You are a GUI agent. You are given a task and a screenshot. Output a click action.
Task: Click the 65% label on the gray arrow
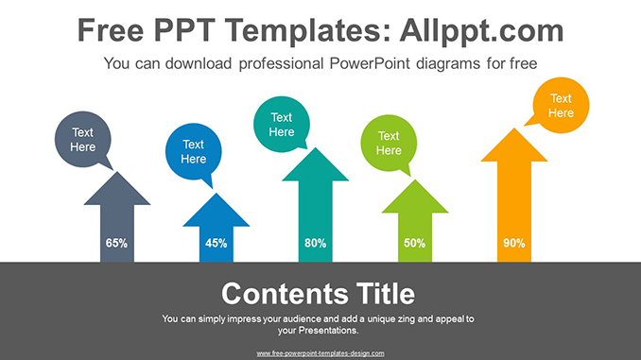pos(116,243)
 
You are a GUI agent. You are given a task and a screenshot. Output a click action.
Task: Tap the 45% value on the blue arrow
pos(216,243)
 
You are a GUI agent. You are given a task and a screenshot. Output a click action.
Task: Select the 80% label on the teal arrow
pos(315,243)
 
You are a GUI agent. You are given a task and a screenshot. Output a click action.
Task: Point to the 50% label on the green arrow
pos(414,243)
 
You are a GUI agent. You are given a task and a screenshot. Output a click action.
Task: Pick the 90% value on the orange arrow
pos(513,243)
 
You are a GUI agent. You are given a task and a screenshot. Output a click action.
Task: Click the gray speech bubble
pos(83,140)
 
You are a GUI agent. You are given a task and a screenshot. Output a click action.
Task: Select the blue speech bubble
pos(193,151)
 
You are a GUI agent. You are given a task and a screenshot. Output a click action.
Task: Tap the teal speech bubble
pos(282,125)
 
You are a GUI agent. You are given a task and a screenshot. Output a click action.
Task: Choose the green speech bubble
pos(389,144)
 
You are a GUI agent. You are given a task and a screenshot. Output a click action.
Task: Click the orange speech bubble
pos(561,106)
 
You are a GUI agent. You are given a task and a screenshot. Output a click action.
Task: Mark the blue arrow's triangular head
pos(216,211)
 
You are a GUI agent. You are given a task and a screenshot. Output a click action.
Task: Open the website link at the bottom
pos(320,352)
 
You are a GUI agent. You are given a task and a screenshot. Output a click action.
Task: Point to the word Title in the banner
pos(384,292)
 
